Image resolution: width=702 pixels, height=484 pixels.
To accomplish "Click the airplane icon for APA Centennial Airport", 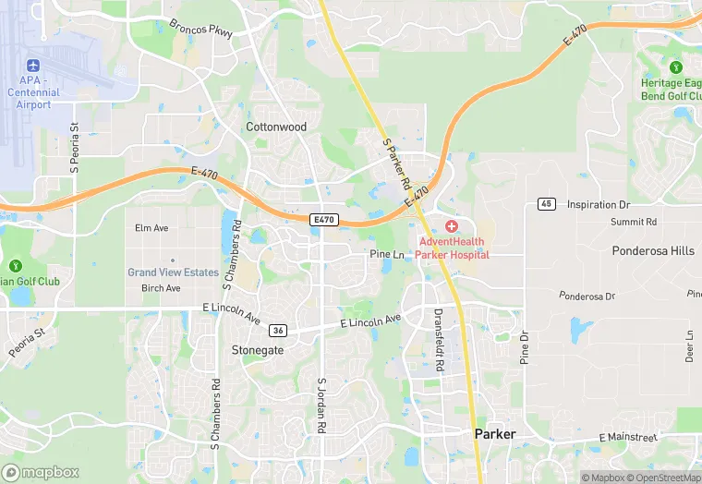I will click(x=34, y=67).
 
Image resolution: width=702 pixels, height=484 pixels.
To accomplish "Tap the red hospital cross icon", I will click(x=452, y=226).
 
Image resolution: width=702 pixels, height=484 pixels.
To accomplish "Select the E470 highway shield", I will click(x=324, y=220).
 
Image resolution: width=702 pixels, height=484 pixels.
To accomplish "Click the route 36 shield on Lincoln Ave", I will click(x=277, y=330).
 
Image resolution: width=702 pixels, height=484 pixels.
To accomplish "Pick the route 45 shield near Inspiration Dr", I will click(x=547, y=204).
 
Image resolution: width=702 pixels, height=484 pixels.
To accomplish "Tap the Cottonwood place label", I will click(x=275, y=127).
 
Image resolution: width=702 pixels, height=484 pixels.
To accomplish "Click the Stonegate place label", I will click(x=257, y=351).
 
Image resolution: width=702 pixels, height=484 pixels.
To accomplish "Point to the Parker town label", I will click(x=495, y=434).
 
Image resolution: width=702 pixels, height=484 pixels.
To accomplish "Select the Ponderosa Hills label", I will click(x=653, y=251).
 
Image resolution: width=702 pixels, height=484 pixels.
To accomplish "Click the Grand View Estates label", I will click(x=173, y=272).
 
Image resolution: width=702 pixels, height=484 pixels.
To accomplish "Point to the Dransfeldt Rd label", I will click(x=440, y=340).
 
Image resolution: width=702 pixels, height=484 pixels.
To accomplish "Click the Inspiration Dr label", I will click(x=598, y=204).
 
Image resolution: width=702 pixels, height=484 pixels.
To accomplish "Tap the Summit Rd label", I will click(x=633, y=223).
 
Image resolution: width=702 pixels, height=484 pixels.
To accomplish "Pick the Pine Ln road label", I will click(x=387, y=254).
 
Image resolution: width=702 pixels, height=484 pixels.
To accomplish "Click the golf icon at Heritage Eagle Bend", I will click(x=675, y=67).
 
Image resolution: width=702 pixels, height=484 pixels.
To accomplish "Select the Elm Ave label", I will click(x=151, y=228).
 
